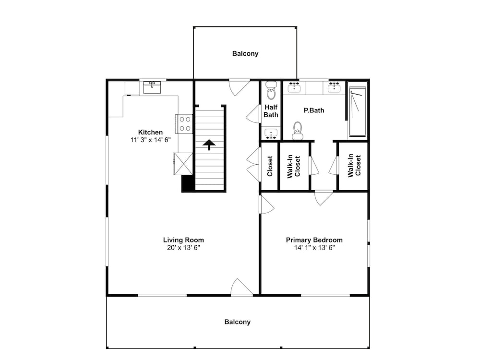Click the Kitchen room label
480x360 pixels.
(x=150, y=132)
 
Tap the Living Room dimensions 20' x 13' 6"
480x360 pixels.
(x=183, y=248)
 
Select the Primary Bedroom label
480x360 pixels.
(x=314, y=240)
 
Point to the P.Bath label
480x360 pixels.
(x=314, y=110)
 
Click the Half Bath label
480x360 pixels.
(x=271, y=111)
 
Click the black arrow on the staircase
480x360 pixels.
(x=209, y=145)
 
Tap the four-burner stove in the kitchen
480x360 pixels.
(x=184, y=124)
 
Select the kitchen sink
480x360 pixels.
(x=152, y=87)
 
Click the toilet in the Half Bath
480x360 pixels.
(x=271, y=91)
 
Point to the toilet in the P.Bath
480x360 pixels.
(x=297, y=131)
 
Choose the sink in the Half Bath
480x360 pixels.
(x=271, y=134)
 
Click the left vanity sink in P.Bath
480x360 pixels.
(x=294, y=87)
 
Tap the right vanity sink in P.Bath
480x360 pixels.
(x=335, y=87)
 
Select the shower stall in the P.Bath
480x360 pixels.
(x=358, y=112)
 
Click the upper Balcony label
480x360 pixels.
(x=245, y=54)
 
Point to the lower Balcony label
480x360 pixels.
(x=238, y=322)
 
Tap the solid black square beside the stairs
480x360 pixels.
(x=188, y=184)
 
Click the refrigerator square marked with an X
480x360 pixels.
(x=183, y=164)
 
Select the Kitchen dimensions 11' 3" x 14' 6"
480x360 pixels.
(x=150, y=140)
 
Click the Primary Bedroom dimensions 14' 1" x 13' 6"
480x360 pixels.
(x=314, y=248)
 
